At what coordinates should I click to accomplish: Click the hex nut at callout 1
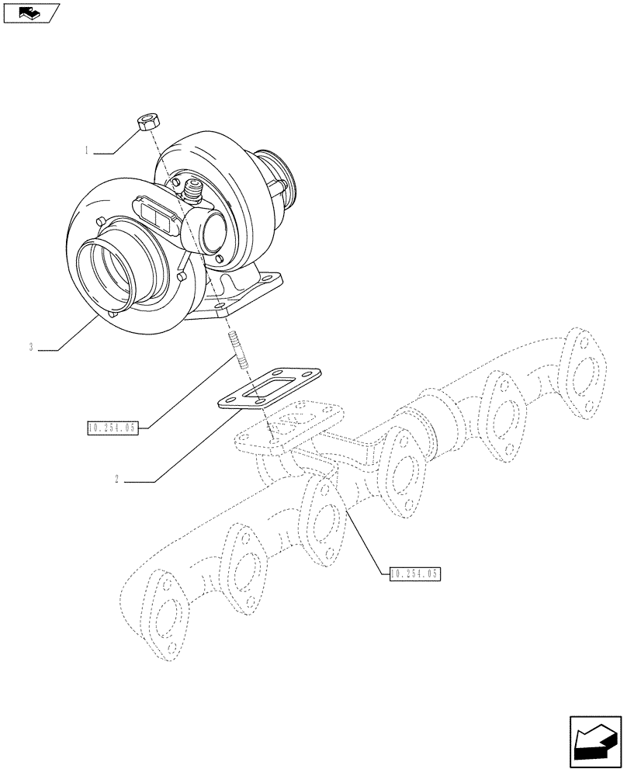tap(148, 122)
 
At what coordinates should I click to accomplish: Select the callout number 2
tap(116, 480)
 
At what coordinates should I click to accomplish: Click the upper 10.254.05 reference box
tap(113, 427)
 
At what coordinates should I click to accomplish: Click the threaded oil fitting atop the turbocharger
tap(192, 189)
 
